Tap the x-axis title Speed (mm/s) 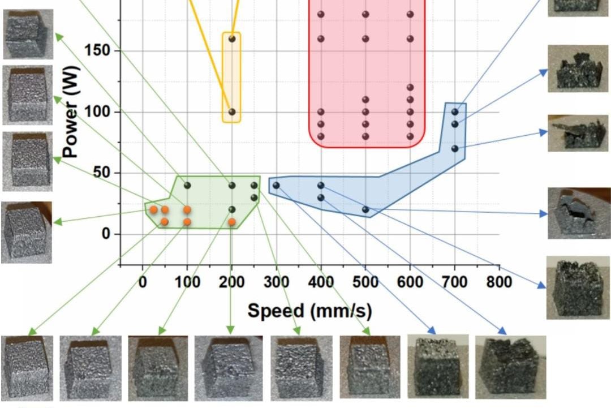310,310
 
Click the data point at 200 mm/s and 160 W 231,38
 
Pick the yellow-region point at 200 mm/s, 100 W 231,112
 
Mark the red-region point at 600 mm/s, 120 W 410,87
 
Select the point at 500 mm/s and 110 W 365,100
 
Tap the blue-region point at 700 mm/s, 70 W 455,148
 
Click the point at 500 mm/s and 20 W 365,209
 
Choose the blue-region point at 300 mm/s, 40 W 276,185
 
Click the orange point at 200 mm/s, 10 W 231,221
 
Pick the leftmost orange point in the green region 153,209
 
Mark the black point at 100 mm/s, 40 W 187,185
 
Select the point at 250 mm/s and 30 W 254,197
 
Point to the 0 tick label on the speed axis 143,281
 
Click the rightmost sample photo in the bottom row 510,366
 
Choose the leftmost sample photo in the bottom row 27,367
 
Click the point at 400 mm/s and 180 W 321,14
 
